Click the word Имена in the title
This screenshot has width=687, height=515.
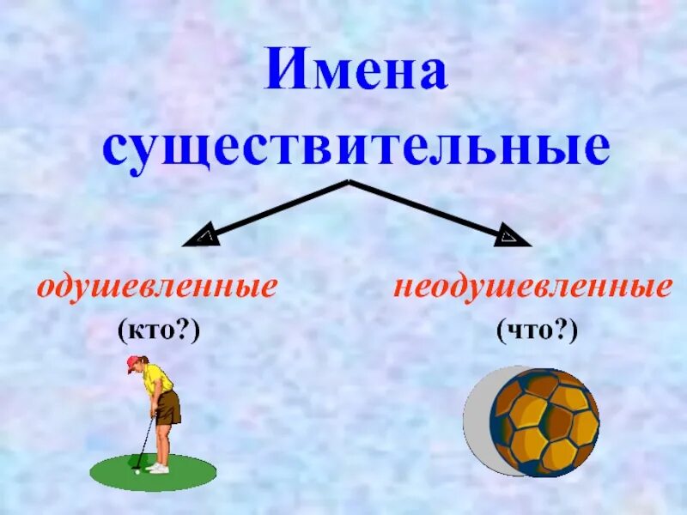pos(356,70)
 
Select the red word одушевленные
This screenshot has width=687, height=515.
pos(156,287)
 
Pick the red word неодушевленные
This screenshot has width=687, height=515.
pos(532,287)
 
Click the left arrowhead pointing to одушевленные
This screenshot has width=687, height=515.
pos(204,236)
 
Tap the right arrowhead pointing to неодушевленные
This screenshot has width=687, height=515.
pos(513,236)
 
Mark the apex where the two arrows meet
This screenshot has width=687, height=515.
pos(349,182)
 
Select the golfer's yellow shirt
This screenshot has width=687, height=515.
pos(156,378)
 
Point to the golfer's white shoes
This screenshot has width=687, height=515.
pos(159,468)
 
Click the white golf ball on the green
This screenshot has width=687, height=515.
pos(137,470)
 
